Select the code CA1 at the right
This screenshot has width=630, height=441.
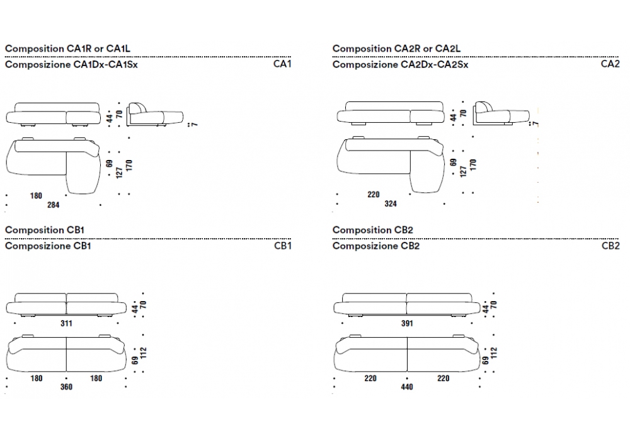(x=282, y=64)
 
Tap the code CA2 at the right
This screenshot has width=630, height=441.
(x=610, y=64)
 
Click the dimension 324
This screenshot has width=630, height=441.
(x=390, y=204)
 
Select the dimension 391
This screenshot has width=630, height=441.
(x=407, y=324)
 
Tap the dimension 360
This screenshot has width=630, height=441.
(x=66, y=387)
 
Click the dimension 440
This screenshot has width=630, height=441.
(x=407, y=387)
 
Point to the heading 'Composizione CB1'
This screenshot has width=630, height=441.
(x=48, y=246)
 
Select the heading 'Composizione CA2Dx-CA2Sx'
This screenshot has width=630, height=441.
(x=400, y=64)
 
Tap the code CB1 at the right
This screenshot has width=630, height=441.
(x=282, y=246)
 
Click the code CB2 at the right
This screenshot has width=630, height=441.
(x=610, y=246)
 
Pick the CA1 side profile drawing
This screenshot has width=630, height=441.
(x=154, y=114)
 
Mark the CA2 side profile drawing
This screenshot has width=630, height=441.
(x=501, y=114)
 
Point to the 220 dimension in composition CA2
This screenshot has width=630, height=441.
(x=374, y=195)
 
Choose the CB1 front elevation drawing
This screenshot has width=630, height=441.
(x=66, y=304)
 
